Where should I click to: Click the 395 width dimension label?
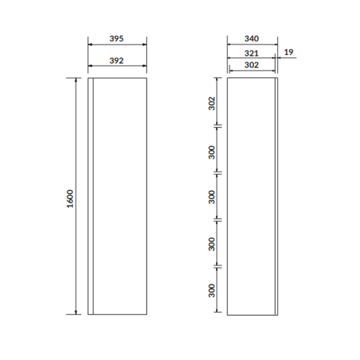pyautogui.click(x=117, y=39)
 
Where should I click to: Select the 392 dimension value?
pyautogui.click(x=117, y=61)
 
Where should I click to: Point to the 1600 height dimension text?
pyautogui.click(x=70, y=199)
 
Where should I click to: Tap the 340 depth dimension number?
pyautogui.click(x=251, y=39)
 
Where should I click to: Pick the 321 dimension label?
pyautogui.click(x=251, y=53)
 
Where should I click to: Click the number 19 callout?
pyautogui.click(x=288, y=52)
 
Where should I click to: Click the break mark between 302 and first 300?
pyautogui.click(x=218, y=125)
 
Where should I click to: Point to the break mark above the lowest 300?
pyautogui.click(x=218, y=267)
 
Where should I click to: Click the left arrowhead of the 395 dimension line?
pyautogui.click(x=91, y=45)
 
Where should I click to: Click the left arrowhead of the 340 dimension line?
pyautogui.click(x=229, y=45)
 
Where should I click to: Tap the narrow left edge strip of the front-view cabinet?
pyautogui.click(x=91, y=196)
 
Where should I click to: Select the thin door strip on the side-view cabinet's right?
pyautogui.click(x=277, y=196)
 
